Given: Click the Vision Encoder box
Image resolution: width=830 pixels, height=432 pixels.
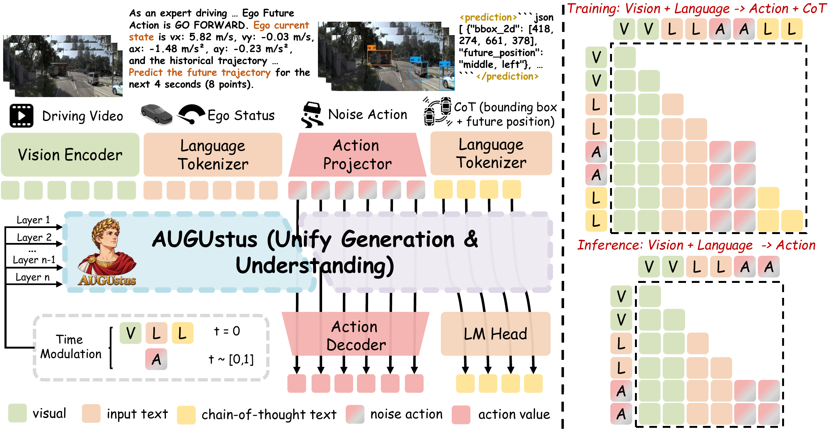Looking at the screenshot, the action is (x=70, y=155).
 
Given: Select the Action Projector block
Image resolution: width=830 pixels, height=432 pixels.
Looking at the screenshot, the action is (x=357, y=155).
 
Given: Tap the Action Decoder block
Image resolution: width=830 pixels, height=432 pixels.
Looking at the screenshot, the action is (x=356, y=334).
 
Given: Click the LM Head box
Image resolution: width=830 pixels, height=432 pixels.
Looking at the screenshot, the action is (x=495, y=334).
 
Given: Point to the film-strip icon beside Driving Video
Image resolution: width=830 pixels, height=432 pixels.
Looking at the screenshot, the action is (x=21, y=116).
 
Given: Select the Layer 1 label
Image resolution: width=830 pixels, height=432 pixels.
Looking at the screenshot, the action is (x=33, y=220).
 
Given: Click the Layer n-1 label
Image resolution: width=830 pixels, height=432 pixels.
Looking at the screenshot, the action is (x=34, y=260).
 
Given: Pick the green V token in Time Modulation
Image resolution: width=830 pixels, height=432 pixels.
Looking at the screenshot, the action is (x=131, y=333).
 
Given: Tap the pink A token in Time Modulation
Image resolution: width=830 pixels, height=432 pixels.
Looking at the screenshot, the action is (x=156, y=359).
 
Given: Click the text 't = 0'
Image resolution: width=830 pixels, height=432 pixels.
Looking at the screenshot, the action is (x=227, y=331).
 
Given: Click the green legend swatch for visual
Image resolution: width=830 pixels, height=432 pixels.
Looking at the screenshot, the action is (x=18, y=413).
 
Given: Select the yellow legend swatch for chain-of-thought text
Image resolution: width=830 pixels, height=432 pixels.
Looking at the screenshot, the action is (x=186, y=415).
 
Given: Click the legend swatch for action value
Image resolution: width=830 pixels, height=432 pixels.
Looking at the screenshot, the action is (x=461, y=415).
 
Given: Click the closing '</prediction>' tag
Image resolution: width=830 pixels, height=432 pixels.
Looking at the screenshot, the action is (x=508, y=77).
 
